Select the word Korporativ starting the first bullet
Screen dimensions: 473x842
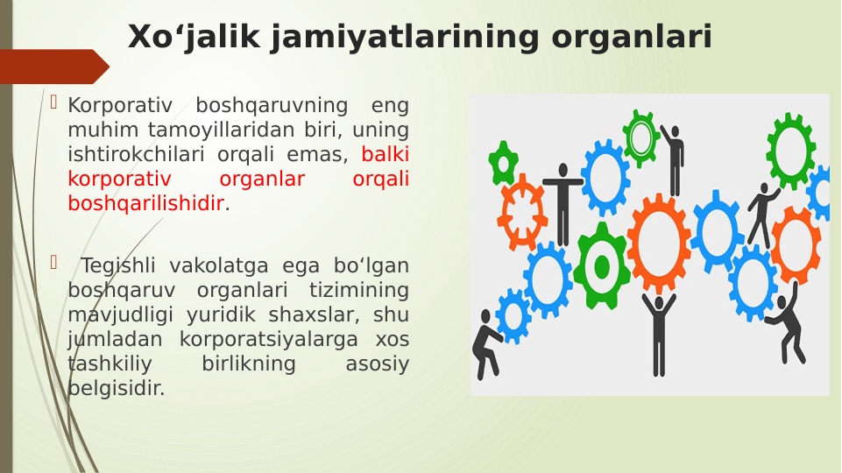tap(120, 106)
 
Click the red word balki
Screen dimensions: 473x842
tap(385, 155)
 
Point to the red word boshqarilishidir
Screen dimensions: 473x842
tap(145, 204)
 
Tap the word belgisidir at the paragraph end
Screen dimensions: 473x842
tap(116, 388)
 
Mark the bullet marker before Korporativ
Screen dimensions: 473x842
tap(53, 103)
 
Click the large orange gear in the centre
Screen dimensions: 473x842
tap(659, 243)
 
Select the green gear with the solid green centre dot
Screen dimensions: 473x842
tap(601, 266)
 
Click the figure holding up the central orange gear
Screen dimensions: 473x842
tap(659, 333)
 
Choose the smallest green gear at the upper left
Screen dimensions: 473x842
tap(503, 163)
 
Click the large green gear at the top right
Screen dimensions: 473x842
tap(790, 150)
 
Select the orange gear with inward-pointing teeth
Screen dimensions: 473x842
tap(522, 211)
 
